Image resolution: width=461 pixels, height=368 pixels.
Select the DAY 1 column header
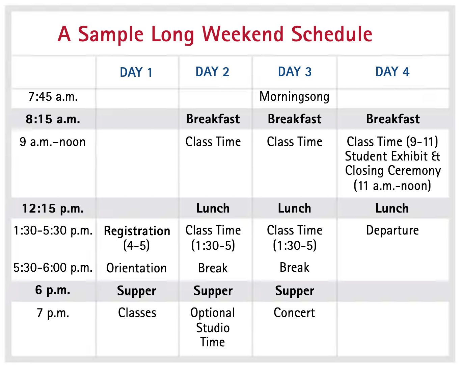coord(136,72)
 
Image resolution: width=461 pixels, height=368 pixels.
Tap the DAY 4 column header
coord(392,72)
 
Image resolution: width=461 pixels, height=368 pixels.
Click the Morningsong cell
coord(294,97)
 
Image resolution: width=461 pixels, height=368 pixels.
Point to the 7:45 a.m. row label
coord(53,97)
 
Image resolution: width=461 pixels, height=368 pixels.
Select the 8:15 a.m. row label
coord(53,119)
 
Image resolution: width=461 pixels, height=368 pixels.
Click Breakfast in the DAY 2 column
coord(213,119)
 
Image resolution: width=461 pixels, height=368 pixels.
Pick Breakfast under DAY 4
coord(393,119)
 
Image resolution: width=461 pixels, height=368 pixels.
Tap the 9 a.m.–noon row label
coord(53,142)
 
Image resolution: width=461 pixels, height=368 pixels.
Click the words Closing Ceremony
coord(393,171)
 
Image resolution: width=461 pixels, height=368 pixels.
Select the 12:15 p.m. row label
coord(53,208)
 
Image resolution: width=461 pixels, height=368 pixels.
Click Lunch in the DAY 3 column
coord(294,208)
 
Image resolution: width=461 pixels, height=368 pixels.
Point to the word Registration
coord(137,231)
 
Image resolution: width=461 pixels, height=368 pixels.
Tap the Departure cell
coord(392,230)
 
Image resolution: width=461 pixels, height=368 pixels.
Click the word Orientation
coord(136,268)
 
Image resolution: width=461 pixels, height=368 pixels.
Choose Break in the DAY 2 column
coord(213,268)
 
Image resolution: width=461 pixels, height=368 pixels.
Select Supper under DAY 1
coord(136,291)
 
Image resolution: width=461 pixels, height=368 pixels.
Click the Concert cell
coord(294,313)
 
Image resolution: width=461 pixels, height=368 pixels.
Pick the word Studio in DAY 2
coord(213,328)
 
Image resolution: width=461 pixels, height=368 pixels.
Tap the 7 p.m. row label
coord(53,313)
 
